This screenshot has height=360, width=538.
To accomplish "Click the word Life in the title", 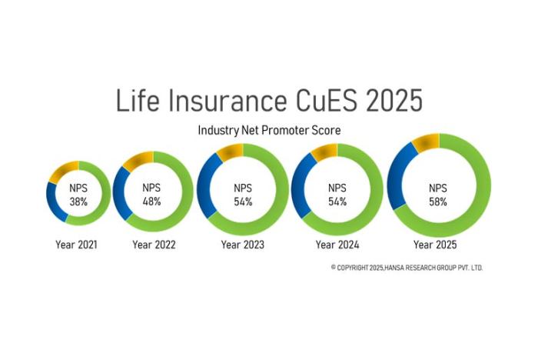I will click(137, 102).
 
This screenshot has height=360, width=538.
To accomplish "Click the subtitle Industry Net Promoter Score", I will click(269, 131).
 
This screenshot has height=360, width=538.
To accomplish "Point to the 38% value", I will click(78, 202).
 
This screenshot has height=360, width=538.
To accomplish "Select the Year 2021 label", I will click(75, 245).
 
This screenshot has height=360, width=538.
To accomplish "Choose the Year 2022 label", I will click(154, 245).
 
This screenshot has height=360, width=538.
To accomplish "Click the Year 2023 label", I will click(242, 245).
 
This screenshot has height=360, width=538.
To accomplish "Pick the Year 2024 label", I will click(337, 245).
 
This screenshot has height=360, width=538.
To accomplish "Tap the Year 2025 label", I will click(435, 245).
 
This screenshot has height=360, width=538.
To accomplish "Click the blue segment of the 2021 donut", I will click(52, 199).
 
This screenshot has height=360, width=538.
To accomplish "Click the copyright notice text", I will click(407, 267).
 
